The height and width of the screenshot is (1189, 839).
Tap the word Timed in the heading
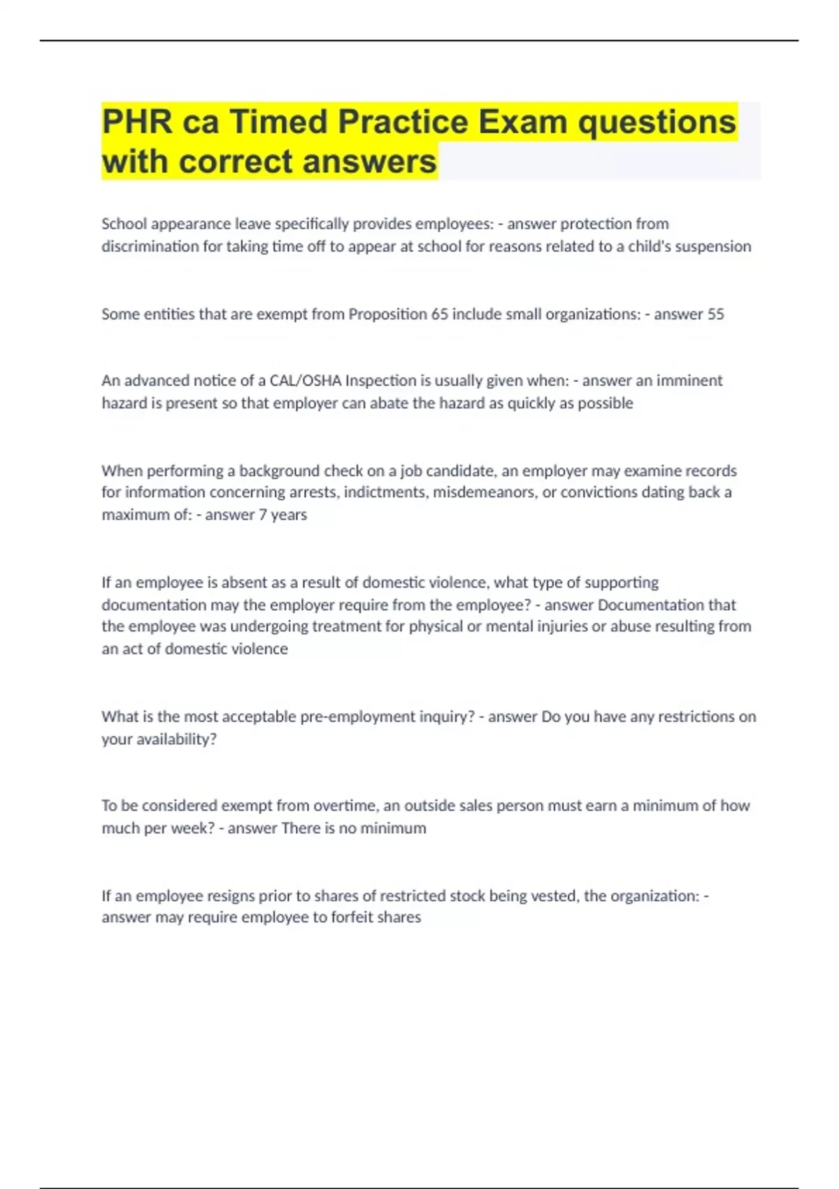coord(278,122)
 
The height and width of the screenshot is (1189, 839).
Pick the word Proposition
coord(387,314)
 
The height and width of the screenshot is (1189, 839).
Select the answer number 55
coord(715,314)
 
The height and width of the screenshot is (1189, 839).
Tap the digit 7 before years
coord(263,515)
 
